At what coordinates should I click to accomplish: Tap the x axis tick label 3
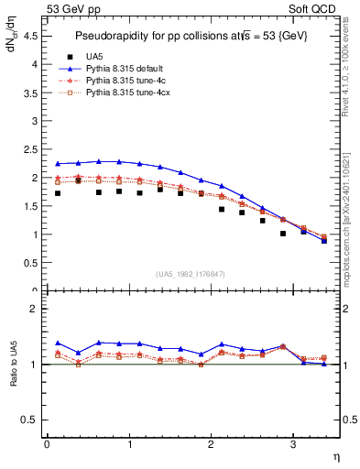pyautogui.click(x=292, y=444)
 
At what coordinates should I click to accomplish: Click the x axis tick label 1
pyautogui.click(x=129, y=444)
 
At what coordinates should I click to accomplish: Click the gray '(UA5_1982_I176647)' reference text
pyautogui.click(x=191, y=273)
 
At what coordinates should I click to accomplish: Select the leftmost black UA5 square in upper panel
pyautogui.click(x=58, y=193)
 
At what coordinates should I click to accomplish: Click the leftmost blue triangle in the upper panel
pyautogui.click(x=58, y=164)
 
